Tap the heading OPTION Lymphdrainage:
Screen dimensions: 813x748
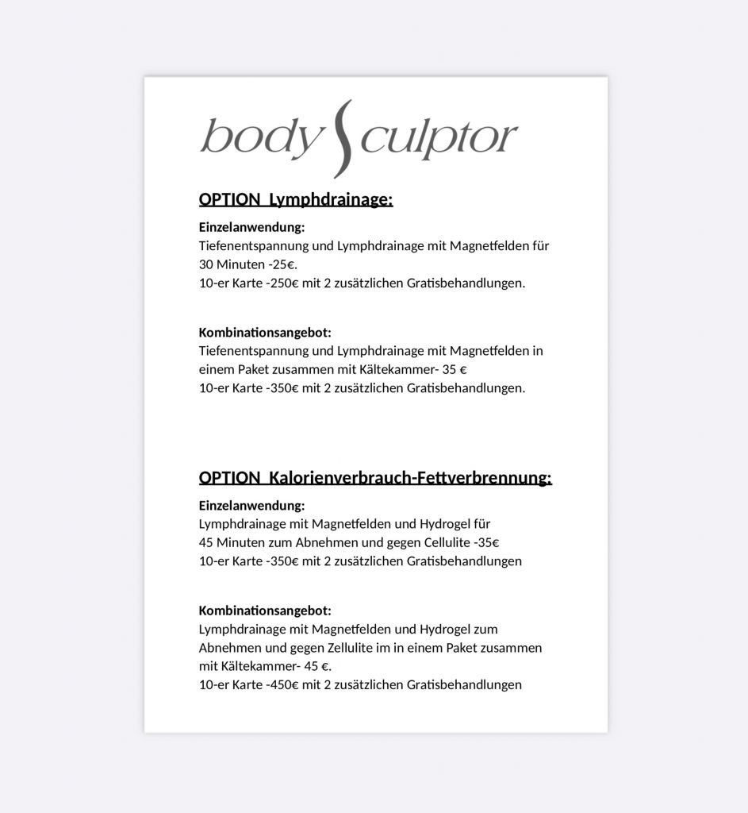pos(296,198)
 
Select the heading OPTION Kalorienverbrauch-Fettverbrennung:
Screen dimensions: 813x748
pos(375,477)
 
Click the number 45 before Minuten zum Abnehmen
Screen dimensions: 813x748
pos(206,542)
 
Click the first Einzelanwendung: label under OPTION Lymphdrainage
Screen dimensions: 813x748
pos(251,227)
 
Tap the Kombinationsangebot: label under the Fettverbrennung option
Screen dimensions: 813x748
pos(265,610)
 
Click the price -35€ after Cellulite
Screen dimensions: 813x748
pos(485,542)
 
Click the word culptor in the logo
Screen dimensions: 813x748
pos(439,138)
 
